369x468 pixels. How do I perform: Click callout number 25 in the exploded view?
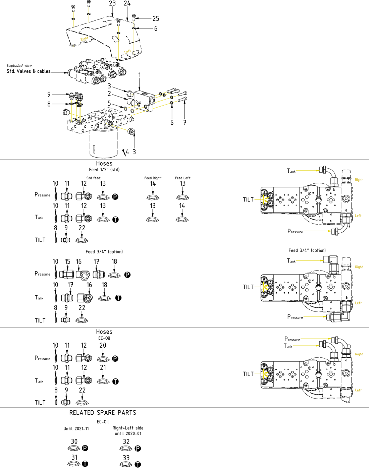point(156,18)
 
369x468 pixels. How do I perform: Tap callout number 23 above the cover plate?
point(112,3)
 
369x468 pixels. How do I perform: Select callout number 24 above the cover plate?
point(127,3)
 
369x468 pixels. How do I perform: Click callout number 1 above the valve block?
point(140,75)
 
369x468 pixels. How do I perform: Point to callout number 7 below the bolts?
point(185,123)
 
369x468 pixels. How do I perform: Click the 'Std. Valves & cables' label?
point(29,71)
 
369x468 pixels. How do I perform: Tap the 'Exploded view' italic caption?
point(19,65)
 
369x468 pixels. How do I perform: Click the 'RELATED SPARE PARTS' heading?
point(103,413)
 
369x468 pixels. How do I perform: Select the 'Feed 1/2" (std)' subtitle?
point(104,170)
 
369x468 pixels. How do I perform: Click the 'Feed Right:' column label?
point(153,178)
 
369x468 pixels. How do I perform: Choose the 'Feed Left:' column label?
point(183,178)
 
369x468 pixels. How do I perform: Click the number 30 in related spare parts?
point(74,442)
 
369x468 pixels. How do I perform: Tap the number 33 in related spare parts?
point(126,458)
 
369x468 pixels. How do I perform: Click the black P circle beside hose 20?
point(115,359)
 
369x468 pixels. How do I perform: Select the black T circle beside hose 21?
point(115,382)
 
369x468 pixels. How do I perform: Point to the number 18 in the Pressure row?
point(114,261)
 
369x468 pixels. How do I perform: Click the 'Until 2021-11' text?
point(76,428)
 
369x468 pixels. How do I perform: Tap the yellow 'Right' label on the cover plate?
point(84,39)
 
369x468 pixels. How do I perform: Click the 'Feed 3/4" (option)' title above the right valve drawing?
point(307,250)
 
